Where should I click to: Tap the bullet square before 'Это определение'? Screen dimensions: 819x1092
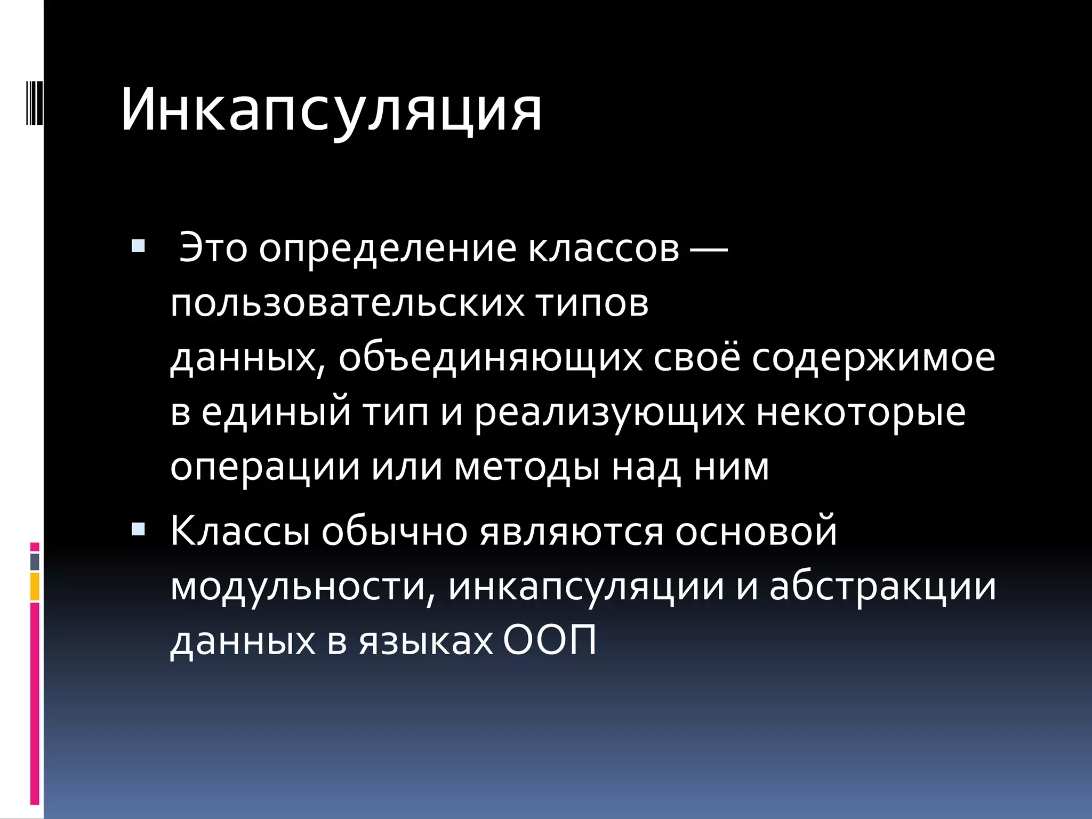click(x=138, y=246)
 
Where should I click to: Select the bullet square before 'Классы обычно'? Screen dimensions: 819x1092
click(x=138, y=529)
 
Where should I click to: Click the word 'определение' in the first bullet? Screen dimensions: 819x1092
click(x=388, y=249)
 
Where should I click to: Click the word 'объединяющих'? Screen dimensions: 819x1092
click(x=491, y=358)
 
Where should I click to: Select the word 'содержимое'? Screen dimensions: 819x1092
click(x=873, y=358)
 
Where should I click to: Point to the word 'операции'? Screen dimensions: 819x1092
click(x=265, y=468)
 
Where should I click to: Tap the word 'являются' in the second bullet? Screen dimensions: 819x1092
click(x=572, y=532)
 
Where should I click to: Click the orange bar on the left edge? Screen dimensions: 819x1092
click(x=35, y=587)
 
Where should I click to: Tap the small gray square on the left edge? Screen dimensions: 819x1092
click(x=35, y=561)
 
